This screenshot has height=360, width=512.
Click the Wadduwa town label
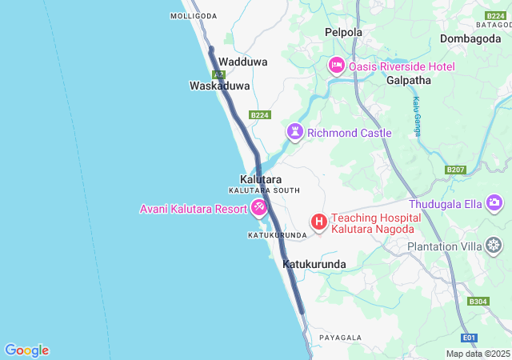click(x=243, y=62)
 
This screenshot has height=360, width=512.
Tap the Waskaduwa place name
click(x=219, y=86)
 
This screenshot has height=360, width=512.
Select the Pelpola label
click(x=343, y=33)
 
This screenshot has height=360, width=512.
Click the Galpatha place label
click(x=408, y=81)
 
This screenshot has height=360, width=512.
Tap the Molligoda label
click(x=194, y=16)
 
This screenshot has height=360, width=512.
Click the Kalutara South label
click(x=264, y=190)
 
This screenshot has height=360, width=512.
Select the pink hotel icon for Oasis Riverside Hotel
click(x=336, y=66)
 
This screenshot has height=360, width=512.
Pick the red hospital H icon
click(x=318, y=222)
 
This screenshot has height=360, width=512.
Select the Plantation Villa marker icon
click(x=495, y=246)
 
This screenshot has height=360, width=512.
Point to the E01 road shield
click(x=470, y=338)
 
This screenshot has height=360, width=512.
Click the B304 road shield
click(x=478, y=302)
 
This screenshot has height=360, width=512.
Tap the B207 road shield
click(x=455, y=170)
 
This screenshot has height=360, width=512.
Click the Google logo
click(x=26, y=350)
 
